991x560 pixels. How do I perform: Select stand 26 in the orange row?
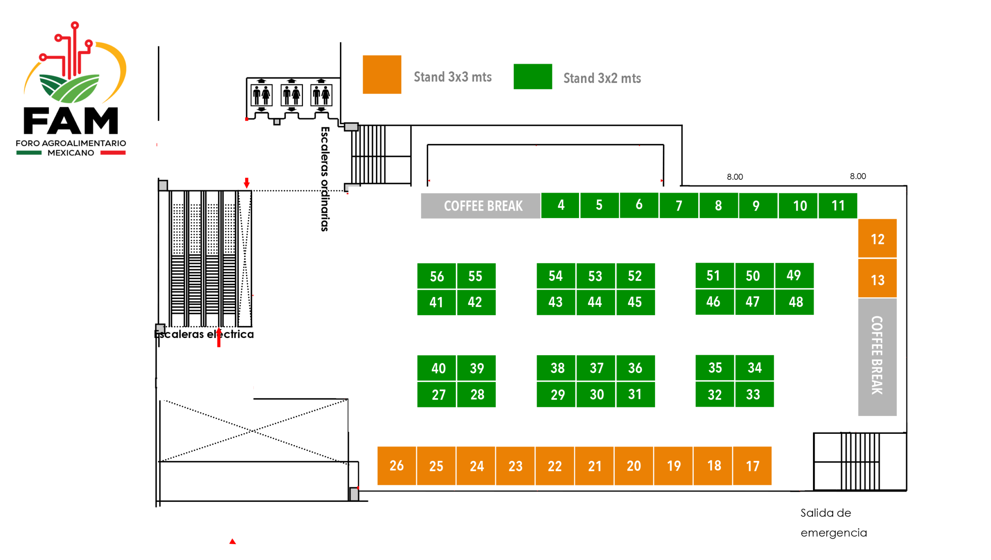click(396, 465)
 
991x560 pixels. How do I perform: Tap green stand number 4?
click(560, 205)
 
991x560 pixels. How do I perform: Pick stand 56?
click(436, 276)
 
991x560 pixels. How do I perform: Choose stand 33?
click(753, 394)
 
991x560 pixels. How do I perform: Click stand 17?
click(752, 465)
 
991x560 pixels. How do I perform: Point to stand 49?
click(794, 275)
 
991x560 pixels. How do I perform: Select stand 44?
click(595, 301)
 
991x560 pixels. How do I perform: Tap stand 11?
click(837, 205)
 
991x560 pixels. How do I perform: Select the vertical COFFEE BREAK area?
click(877, 356)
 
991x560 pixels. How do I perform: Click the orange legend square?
click(382, 74)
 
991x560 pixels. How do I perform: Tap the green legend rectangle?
click(533, 76)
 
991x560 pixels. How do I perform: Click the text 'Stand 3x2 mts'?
click(602, 78)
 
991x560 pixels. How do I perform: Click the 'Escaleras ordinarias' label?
click(325, 179)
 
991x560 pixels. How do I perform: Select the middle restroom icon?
click(291, 95)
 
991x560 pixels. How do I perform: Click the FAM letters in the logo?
click(71, 121)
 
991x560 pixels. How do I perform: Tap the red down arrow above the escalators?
click(247, 182)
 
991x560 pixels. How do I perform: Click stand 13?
click(877, 279)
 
